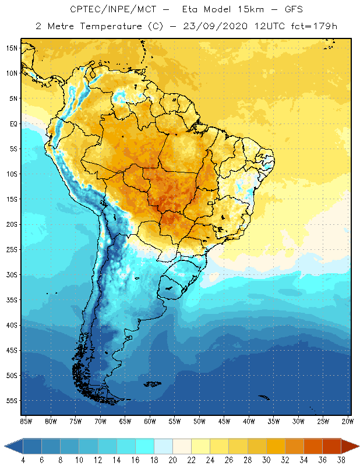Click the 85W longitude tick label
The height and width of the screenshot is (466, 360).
point(26,421)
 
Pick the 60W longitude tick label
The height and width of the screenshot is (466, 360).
point(150,421)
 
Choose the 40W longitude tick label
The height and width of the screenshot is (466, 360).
point(249,421)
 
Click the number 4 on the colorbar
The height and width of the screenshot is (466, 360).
point(23,460)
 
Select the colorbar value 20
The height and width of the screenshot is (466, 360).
point(172,460)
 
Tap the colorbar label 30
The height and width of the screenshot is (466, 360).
point(266,460)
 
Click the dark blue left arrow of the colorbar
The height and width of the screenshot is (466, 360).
point(13,446)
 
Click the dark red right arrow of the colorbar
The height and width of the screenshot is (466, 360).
point(350,446)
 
